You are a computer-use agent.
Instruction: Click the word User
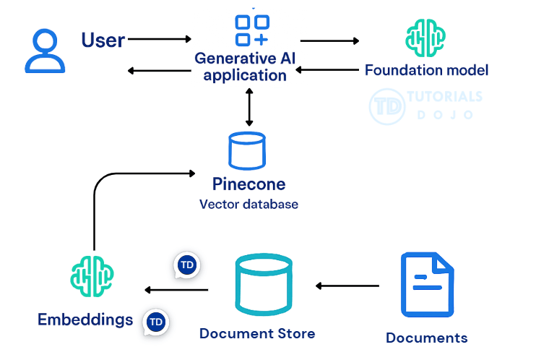[103, 40]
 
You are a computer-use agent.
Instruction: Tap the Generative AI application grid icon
[251, 30]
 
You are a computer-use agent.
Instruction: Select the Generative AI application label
[245, 66]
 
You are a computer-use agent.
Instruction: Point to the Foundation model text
[426, 70]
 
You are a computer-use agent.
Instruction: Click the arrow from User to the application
[160, 38]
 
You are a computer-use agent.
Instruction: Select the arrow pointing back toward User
[159, 70]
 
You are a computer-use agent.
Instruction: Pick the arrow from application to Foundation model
[329, 40]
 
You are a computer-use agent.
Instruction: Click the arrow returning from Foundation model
[329, 70]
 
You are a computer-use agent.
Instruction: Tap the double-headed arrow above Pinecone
[249, 107]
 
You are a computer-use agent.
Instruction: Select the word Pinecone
[248, 184]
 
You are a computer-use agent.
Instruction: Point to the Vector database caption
[248, 204]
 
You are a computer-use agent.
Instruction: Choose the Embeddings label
[85, 319]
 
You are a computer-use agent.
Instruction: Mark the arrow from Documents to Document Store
[347, 286]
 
